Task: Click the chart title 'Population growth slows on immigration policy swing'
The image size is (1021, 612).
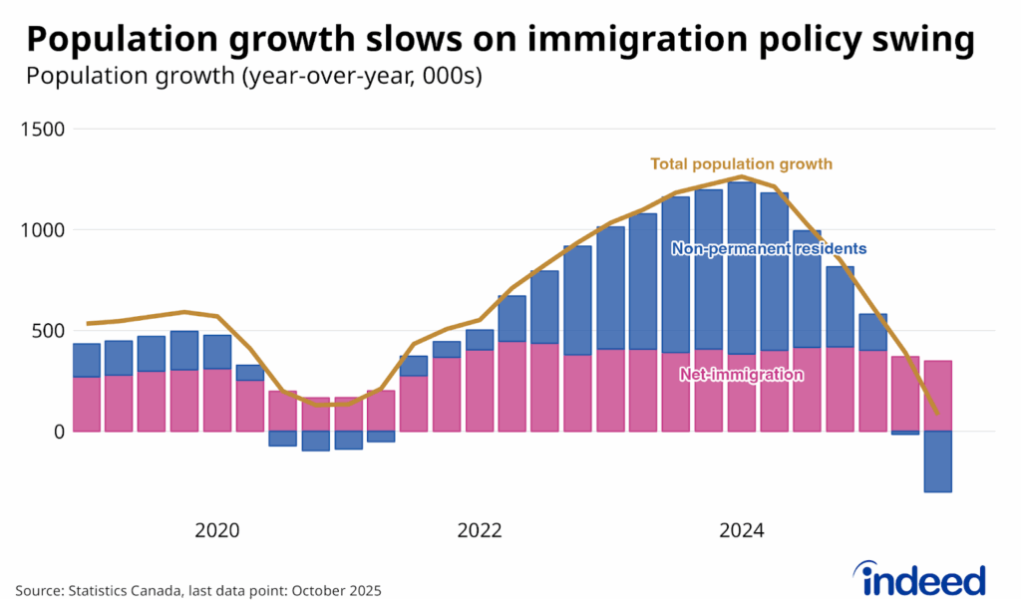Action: [x=500, y=39]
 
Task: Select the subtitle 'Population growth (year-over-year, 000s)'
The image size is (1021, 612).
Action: [x=254, y=77]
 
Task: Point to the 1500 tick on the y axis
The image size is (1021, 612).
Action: [x=42, y=129]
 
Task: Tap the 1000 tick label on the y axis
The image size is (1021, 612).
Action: [x=42, y=229]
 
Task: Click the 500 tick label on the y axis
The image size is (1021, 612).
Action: [x=47, y=330]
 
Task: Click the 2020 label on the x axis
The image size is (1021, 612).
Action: [x=217, y=530]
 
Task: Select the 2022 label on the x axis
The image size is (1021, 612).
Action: [x=480, y=530]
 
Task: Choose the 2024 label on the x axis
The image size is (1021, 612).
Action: [x=742, y=530]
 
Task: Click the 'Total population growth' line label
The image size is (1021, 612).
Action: [x=741, y=163]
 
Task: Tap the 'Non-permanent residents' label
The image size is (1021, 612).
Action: [x=768, y=248]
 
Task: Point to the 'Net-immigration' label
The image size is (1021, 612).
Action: [x=742, y=375]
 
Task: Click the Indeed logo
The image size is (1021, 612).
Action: [x=920, y=578]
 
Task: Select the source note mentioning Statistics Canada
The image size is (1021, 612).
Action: [x=197, y=590]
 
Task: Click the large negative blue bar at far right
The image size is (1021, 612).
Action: [x=938, y=460]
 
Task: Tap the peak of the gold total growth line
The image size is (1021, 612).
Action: [x=741, y=176]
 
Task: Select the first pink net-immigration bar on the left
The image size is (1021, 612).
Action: [x=87, y=404]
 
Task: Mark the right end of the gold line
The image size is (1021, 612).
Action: [x=937, y=412]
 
